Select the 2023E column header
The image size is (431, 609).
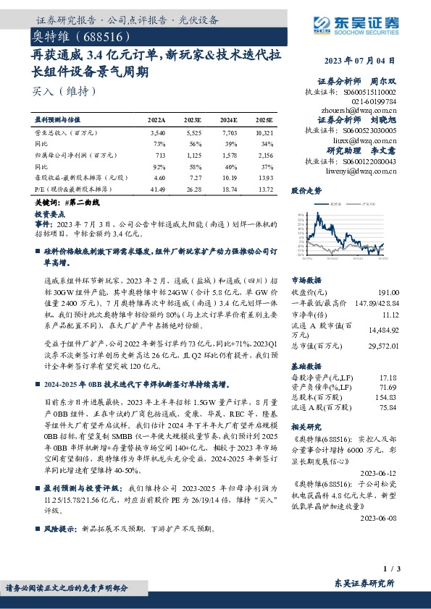(x=193, y=119)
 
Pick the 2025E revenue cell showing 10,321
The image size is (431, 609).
(x=264, y=134)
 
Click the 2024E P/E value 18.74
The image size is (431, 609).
(x=230, y=188)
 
